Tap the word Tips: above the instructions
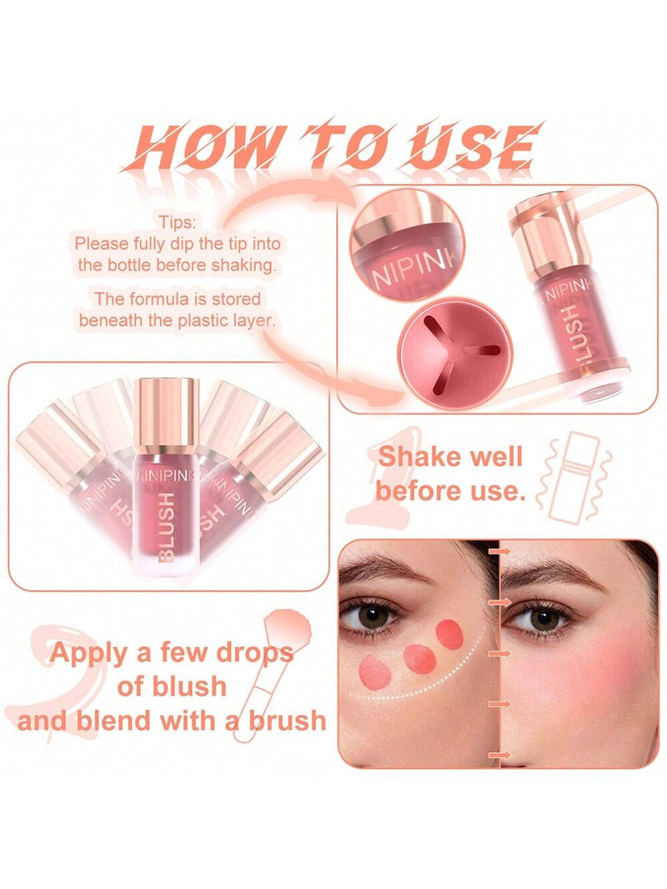click(x=176, y=222)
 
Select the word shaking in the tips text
click(x=244, y=265)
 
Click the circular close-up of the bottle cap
click(x=407, y=244)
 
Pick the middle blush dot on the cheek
click(x=419, y=659)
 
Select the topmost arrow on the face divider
click(x=499, y=550)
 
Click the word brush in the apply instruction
click(x=288, y=721)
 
